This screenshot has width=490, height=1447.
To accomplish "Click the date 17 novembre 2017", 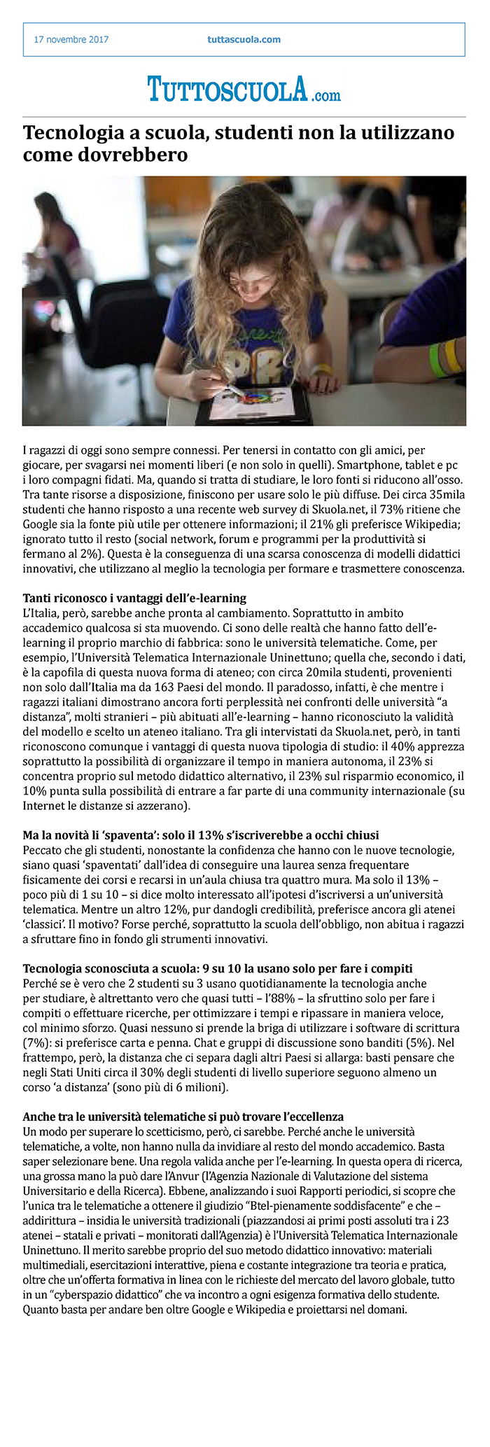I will pos(71,40).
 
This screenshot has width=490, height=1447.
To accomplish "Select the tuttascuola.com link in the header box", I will pos(244,40).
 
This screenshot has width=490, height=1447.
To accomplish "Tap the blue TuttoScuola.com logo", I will pos(244,90).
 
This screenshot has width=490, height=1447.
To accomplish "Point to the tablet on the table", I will pos(255,404).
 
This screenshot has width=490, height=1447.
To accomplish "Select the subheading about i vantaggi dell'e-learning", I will pos(134,597).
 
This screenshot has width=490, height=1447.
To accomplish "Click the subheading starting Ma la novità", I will pos(201,834).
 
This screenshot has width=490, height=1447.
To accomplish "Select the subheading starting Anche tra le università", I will pos(183,1116).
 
